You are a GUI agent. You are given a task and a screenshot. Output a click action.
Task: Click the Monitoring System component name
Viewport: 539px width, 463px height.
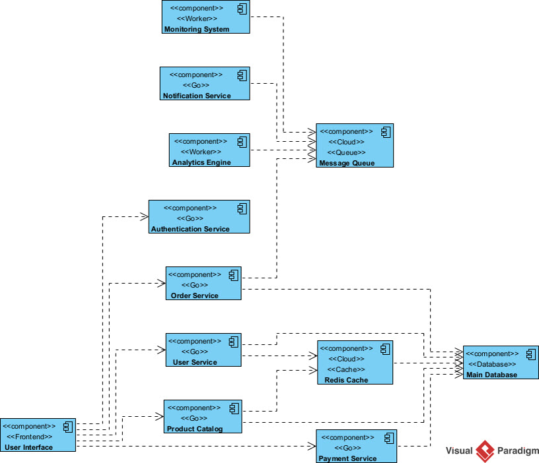[x=197, y=29]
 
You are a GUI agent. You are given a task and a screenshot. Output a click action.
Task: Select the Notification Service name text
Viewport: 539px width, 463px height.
[x=197, y=96]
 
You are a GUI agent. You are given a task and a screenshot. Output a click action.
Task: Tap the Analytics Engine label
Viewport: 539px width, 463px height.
[x=201, y=162]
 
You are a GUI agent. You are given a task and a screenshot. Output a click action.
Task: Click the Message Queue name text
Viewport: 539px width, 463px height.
[x=347, y=163]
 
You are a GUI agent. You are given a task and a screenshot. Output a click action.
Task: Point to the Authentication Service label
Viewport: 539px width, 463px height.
[x=190, y=229]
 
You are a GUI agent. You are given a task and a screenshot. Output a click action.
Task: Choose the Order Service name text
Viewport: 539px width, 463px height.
[x=195, y=295]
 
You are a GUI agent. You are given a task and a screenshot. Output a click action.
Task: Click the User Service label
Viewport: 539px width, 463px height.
[x=195, y=362]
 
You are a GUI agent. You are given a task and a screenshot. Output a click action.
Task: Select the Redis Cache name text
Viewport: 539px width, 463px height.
[x=347, y=380]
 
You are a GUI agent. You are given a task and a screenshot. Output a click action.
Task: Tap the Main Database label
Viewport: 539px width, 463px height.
[x=491, y=375]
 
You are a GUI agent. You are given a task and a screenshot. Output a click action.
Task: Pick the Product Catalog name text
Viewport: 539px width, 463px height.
[x=195, y=429]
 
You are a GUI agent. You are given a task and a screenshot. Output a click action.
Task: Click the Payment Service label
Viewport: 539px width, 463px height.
[x=347, y=458]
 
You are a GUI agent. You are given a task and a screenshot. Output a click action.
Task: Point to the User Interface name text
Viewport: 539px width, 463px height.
[x=28, y=447]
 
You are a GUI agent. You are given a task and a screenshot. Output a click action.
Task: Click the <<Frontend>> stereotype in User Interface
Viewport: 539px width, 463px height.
[x=29, y=437]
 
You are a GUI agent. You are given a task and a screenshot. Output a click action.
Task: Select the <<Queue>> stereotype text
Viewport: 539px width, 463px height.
[x=346, y=152]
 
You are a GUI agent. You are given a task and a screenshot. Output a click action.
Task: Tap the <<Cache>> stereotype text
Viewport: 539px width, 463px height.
[x=346, y=369]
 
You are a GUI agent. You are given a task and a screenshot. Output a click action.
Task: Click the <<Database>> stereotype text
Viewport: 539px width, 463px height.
[x=492, y=364]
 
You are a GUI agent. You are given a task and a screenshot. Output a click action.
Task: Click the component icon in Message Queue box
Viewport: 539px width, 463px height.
[x=386, y=132]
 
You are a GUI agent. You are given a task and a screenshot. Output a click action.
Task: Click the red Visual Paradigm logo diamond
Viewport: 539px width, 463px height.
[x=485, y=450]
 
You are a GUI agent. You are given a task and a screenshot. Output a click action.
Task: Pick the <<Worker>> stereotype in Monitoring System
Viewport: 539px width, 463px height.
[x=198, y=18]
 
